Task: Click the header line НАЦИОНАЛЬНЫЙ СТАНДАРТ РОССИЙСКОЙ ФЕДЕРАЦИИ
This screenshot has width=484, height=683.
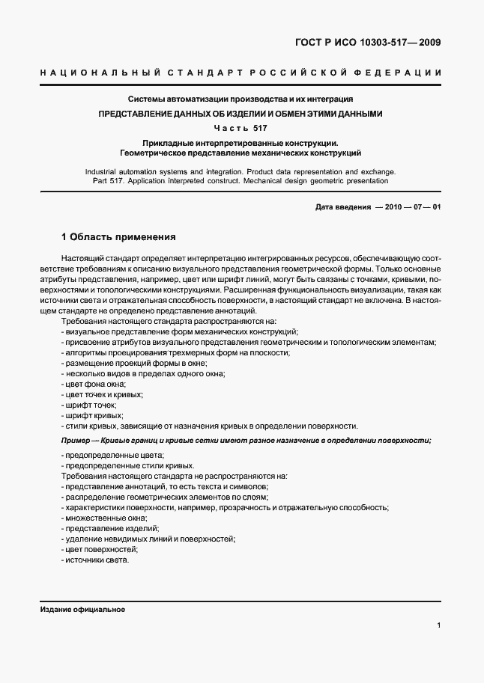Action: [241, 73]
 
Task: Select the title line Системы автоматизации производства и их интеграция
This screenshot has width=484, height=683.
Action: [241, 99]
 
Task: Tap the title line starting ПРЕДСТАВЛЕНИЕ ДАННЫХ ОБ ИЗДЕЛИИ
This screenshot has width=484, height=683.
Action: [241, 114]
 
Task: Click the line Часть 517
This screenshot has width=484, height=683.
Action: [241, 128]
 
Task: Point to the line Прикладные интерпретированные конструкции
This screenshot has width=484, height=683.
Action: [241, 143]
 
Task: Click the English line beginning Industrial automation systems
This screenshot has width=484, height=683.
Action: [241, 171]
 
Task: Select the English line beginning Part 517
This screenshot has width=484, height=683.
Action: [241, 180]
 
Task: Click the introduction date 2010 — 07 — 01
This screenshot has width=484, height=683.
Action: [412, 206]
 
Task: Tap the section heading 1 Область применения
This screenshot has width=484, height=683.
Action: [119, 237]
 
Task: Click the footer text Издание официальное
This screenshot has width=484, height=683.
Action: [82, 610]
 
